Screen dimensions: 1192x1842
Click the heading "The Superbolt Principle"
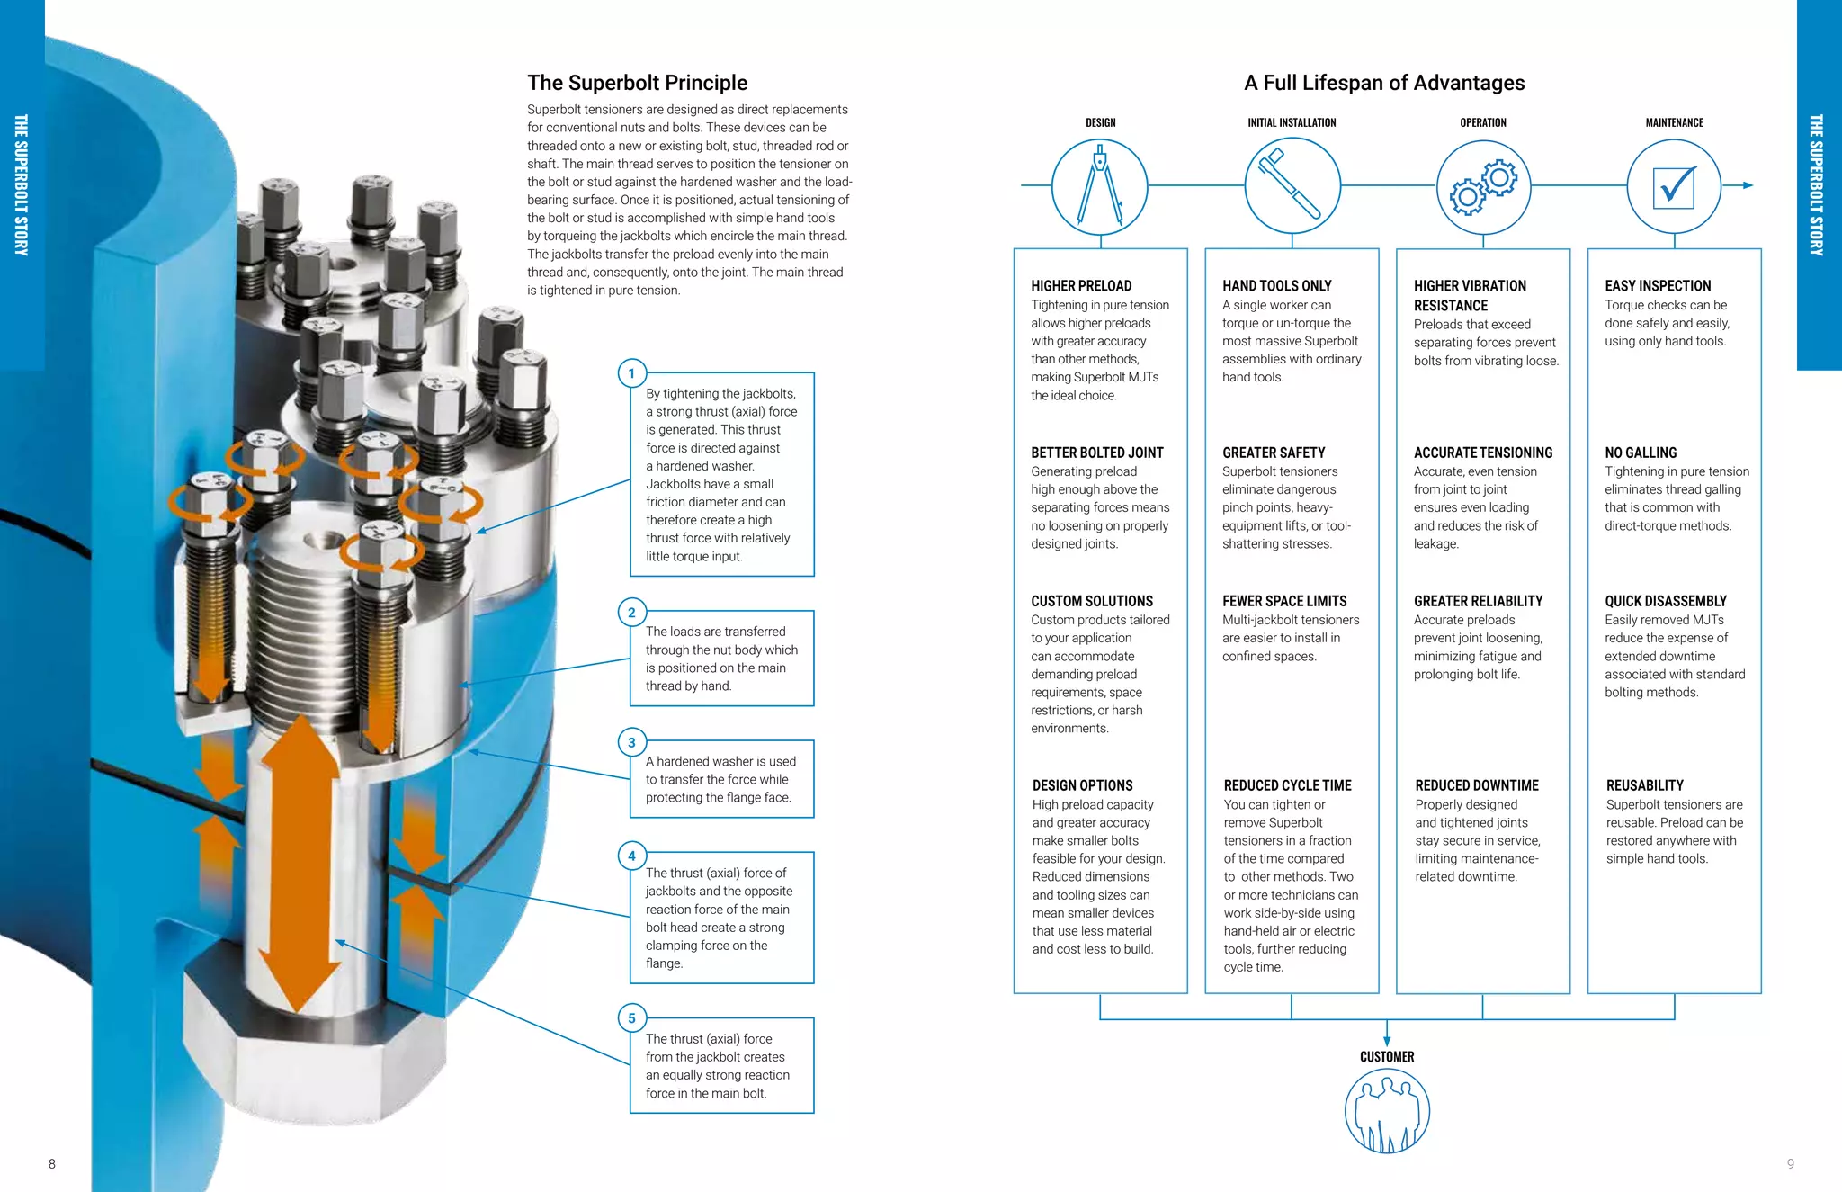click(x=637, y=83)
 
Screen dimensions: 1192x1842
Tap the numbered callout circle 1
click(x=631, y=373)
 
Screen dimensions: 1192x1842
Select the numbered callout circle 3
click(x=631, y=742)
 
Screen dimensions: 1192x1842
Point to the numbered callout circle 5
click(x=631, y=1018)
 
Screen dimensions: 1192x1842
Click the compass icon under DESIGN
click(x=1100, y=186)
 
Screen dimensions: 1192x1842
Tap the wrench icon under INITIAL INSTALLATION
click(x=1292, y=186)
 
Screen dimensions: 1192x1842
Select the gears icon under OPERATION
click(x=1483, y=186)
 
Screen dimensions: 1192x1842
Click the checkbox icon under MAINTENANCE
click(x=1674, y=186)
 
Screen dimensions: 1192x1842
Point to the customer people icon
click(x=1387, y=1112)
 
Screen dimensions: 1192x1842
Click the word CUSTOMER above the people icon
click(x=1387, y=1057)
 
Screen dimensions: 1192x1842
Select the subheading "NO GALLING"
click(x=1641, y=453)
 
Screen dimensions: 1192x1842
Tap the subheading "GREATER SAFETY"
click(x=1274, y=453)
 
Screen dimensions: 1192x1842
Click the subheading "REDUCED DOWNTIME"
click(x=1477, y=785)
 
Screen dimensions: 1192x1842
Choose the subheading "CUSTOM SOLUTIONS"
click(x=1092, y=601)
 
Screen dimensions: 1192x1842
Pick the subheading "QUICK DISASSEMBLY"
click(x=1666, y=601)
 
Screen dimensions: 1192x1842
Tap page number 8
click(x=52, y=1164)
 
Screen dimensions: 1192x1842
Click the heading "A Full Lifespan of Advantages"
click(x=1384, y=83)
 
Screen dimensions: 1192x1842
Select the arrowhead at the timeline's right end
click(x=1748, y=185)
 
